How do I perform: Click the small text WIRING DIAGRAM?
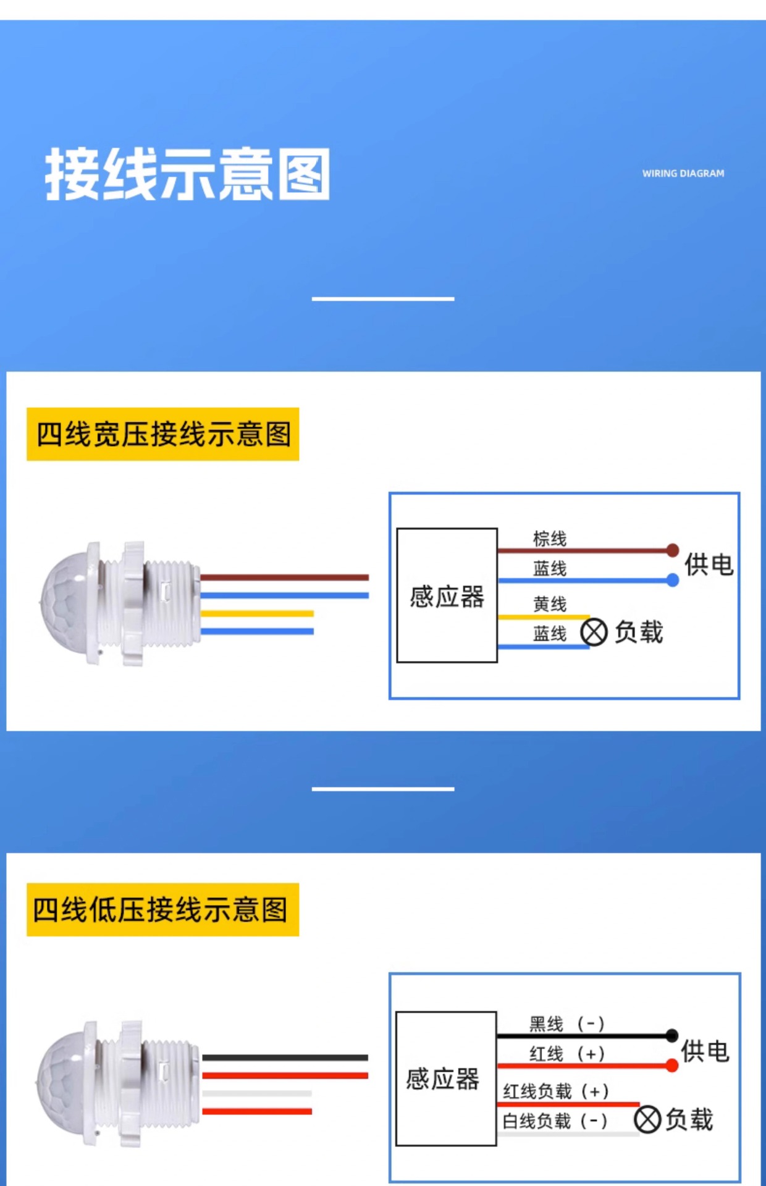(x=683, y=174)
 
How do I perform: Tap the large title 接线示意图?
(x=187, y=175)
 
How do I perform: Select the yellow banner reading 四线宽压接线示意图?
(x=163, y=434)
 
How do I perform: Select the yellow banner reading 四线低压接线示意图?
(x=163, y=910)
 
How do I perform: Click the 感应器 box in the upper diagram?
(x=447, y=595)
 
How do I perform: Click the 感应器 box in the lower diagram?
(x=445, y=1079)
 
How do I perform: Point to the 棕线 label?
(x=550, y=539)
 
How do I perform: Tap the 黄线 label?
(x=550, y=604)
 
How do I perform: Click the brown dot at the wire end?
(x=673, y=550)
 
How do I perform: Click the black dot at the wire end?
(x=672, y=1035)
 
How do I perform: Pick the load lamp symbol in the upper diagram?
(x=594, y=633)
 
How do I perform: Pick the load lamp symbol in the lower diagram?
(x=647, y=1119)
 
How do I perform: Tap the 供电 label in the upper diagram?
(x=709, y=565)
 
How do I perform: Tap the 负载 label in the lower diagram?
(x=689, y=1119)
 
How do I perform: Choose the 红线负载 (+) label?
(x=556, y=1091)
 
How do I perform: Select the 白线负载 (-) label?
(x=555, y=1121)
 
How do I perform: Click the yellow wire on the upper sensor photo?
(x=257, y=613)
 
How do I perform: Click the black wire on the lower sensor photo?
(x=285, y=1058)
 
